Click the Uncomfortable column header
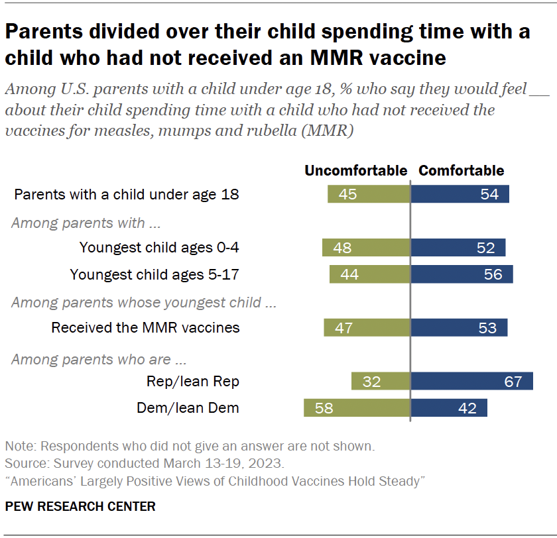pyautogui.click(x=355, y=171)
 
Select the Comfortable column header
pyautogui.click(x=461, y=171)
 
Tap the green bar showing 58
pyautogui.click(x=357, y=407)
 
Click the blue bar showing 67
pyautogui.click(x=472, y=381)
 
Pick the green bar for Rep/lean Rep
pyautogui.click(x=381, y=381)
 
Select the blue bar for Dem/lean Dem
pyautogui.click(x=450, y=407)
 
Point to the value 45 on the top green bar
pyautogui.click(x=347, y=194)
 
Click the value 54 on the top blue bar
pyautogui.click(x=490, y=194)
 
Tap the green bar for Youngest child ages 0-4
pyautogui.click(x=366, y=247)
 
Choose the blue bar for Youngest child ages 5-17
pyautogui.click(x=462, y=274)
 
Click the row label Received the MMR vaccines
pyautogui.click(x=145, y=327)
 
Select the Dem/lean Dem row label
pyautogui.click(x=188, y=408)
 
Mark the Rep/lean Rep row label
pyautogui.click(x=192, y=381)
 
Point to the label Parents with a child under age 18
pyautogui.click(x=126, y=195)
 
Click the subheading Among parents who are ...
pyautogui.click(x=99, y=360)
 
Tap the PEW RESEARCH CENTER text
pyautogui.click(x=80, y=507)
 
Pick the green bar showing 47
pyautogui.click(x=367, y=327)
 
